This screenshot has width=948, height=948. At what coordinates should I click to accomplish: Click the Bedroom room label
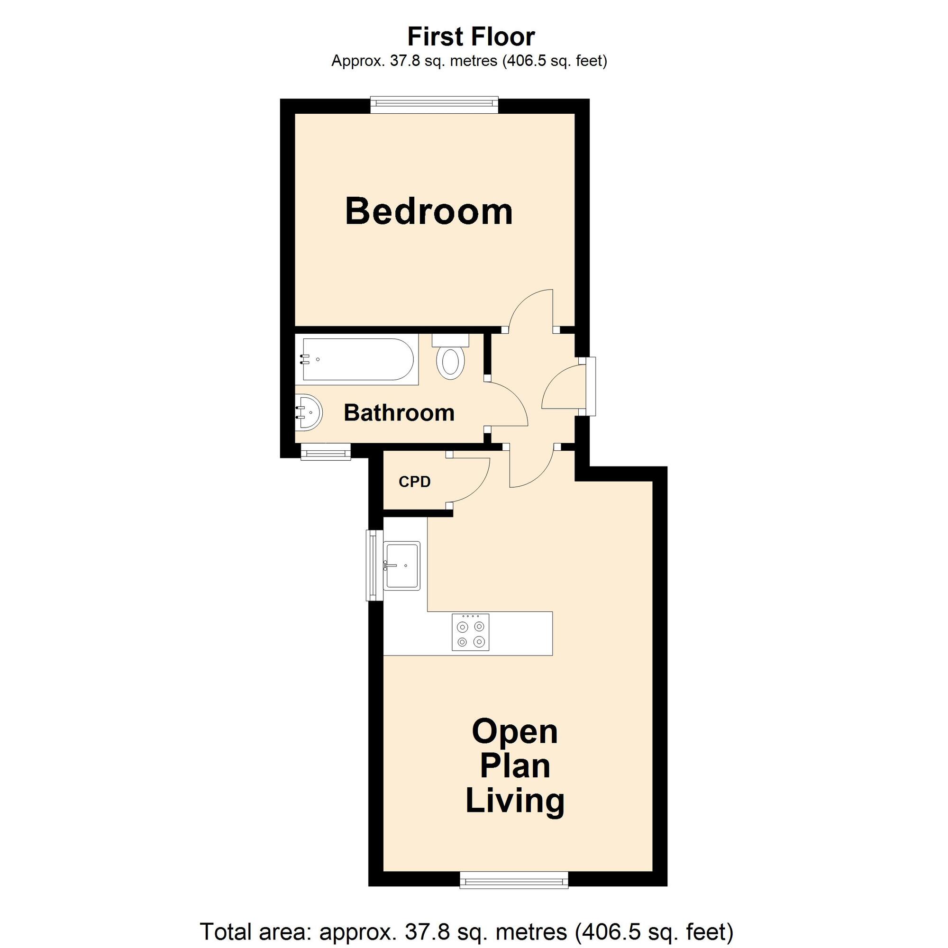429,211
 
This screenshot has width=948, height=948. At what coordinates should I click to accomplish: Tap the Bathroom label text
399,413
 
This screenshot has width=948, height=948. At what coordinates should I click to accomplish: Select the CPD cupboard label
415,482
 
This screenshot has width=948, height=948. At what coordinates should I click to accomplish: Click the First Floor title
471,36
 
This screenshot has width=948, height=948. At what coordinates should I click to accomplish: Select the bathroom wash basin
309,412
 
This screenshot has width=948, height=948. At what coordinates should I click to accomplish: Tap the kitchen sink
402,566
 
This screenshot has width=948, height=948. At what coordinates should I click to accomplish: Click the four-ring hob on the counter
471,633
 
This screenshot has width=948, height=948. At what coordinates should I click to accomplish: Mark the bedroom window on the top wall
434,105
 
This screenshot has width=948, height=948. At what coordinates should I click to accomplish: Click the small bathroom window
326,452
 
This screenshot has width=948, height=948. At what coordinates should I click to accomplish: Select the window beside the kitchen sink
374,565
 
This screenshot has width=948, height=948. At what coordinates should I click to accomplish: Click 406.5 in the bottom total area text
604,931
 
